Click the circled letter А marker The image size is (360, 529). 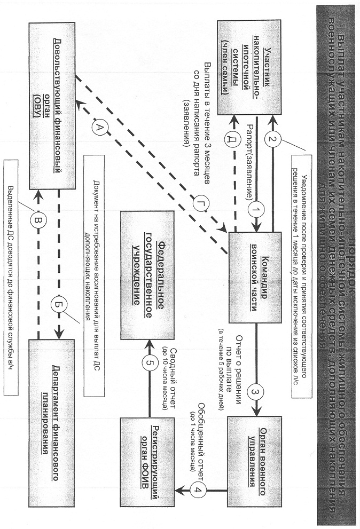(x=98, y=127)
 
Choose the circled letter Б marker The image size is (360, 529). (x=58, y=305)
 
